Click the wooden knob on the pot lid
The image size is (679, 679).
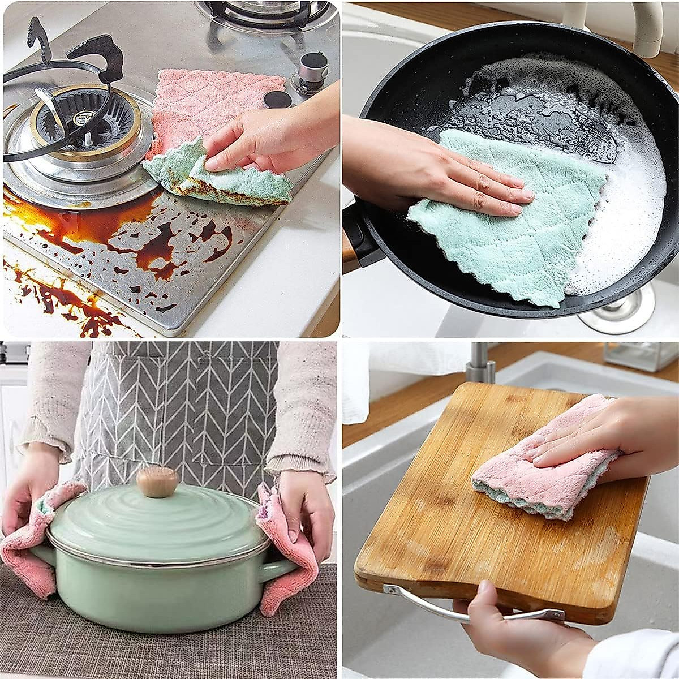tap(157, 481)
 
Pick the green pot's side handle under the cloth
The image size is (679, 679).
tap(280, 571)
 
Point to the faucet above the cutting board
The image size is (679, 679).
tap(481, 362)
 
